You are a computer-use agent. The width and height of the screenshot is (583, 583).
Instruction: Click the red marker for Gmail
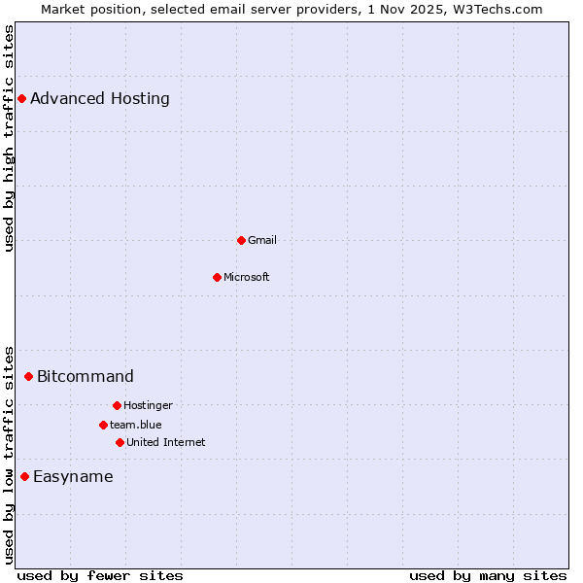point(241,240)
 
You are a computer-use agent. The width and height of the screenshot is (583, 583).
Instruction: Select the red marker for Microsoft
point(217,277)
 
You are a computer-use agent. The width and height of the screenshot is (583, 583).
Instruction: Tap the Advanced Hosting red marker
point(21,98)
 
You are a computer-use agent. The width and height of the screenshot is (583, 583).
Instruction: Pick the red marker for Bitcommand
point(28,376)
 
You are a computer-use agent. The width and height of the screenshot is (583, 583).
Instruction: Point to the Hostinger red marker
point(117,405)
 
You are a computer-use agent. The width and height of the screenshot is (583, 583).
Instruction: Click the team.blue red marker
point(103,425)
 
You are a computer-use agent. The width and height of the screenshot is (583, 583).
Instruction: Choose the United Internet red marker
point(120,442)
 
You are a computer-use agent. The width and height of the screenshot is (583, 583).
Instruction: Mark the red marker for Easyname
point(24,476)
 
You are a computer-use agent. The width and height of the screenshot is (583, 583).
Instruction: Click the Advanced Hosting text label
point(100,98)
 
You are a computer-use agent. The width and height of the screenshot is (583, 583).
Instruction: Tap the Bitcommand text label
point(86,376)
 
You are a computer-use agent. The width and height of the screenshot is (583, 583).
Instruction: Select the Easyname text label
point(73,476)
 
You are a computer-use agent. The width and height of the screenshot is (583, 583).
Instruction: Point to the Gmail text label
point(262,240)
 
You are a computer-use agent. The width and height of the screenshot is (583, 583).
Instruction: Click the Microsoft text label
point(247,277)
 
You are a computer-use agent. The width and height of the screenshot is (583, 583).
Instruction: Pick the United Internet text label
point(166,442)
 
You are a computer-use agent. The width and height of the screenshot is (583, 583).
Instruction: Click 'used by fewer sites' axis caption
point(100,575)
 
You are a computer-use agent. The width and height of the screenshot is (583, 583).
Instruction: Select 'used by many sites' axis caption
point(488,575)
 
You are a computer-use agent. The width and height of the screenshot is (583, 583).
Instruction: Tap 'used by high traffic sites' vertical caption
point(9,138)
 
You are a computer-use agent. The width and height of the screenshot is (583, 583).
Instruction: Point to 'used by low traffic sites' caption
point(9,454)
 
